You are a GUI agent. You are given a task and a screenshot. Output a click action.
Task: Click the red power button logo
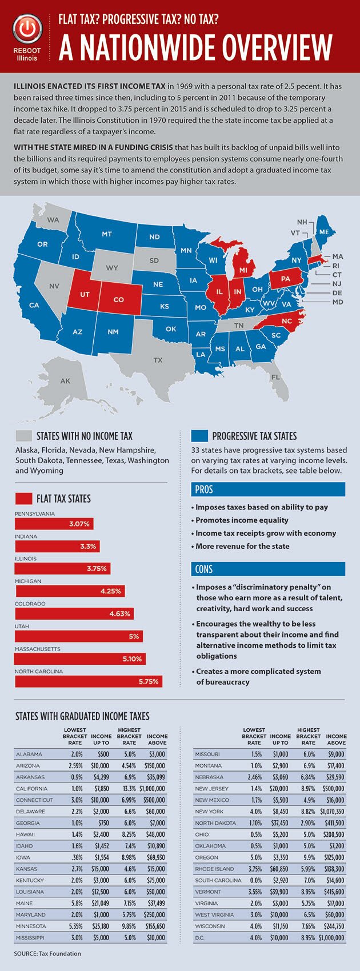click(x=28, y=29)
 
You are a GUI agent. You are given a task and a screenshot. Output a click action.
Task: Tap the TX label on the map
click(x=158, y=360)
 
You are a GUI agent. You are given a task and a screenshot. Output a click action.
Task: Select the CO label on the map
click(x=118, y=299)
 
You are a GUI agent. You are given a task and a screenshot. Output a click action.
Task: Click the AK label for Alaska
click(x=65, y=381)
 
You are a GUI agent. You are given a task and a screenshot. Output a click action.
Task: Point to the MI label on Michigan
click(x=243, y=270)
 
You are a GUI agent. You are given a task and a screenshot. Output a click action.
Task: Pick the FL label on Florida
click(x=276, y=377)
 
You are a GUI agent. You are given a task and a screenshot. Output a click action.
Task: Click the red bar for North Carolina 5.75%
click(x=89, y=681)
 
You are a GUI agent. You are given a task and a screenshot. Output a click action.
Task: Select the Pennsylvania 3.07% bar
click(x=54, y=524)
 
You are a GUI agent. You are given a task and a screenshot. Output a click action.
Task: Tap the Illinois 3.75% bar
click(x=62, y=569)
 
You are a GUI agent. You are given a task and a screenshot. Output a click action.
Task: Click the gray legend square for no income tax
click(x=23, y=436)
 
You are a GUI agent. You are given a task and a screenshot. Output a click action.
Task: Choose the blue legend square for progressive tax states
click(x=199, y=436)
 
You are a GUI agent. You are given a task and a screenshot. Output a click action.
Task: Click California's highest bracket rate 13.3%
click(x=129, y=789)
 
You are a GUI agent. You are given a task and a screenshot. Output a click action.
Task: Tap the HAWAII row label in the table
click(x=26, y=834)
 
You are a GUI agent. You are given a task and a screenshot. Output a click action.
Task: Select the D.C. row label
click(x=201, y=937)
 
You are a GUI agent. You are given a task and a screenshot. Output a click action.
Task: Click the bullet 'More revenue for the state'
click(x=242, y=546)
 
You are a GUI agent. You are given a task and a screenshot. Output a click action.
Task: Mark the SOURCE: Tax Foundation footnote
click(x=48, y=953)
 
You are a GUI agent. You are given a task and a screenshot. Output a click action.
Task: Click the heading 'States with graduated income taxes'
click(x=82, y=716)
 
